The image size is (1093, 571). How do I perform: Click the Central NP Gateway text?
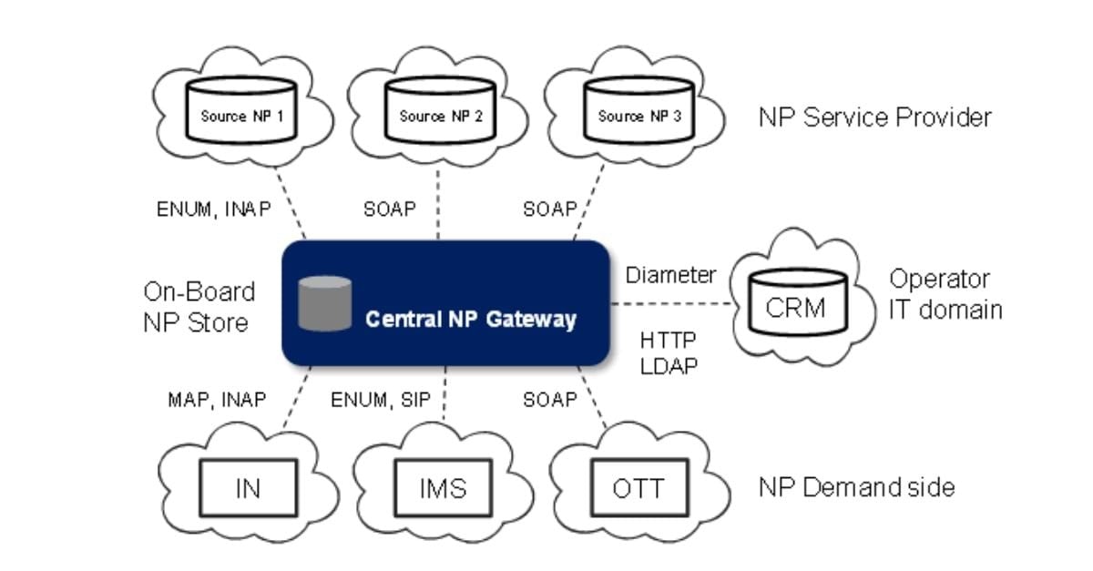click(470, 320)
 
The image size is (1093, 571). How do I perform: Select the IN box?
click(247, 488)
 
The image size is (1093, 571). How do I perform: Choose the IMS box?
click(443, 488)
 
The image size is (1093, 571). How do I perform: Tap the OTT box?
click(638, 488)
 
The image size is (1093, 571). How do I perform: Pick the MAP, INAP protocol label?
click(217, 399)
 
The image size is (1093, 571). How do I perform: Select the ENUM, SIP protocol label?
click(381, 399)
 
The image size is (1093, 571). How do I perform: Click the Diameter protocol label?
click(670, 275)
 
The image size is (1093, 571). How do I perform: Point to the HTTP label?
click(668, 340)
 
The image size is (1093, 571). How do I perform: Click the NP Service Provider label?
click(874, 117)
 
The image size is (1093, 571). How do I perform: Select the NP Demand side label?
click(856, 487)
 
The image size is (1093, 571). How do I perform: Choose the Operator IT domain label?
click(945, 294)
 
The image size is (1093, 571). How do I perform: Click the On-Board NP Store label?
click(199, 307)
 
